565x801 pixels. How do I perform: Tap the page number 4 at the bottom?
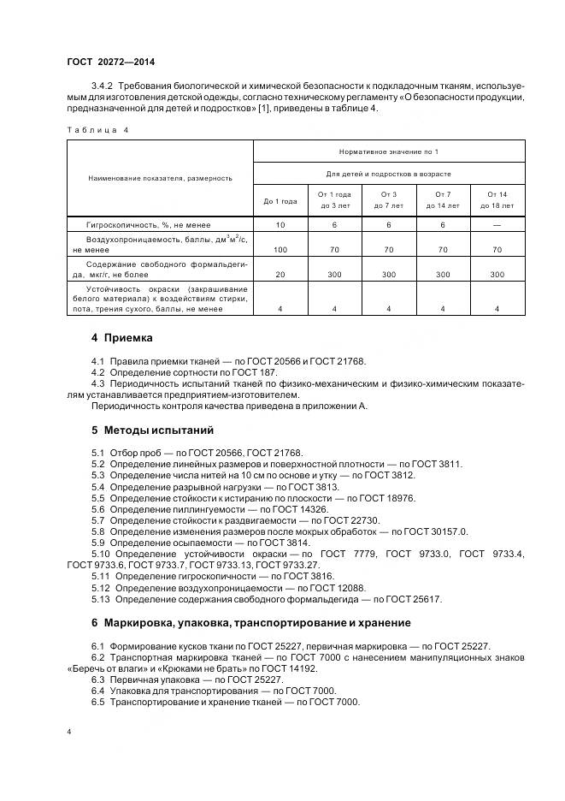(68, 733)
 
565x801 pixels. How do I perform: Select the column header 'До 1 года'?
(280, 201)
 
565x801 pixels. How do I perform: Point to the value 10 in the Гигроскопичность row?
(280, 224)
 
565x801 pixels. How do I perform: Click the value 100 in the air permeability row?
(280, 249)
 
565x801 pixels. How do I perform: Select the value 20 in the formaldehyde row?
(280, 275)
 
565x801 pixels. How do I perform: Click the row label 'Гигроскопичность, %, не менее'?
(140, 224)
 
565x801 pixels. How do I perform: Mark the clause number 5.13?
(101, 599)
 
